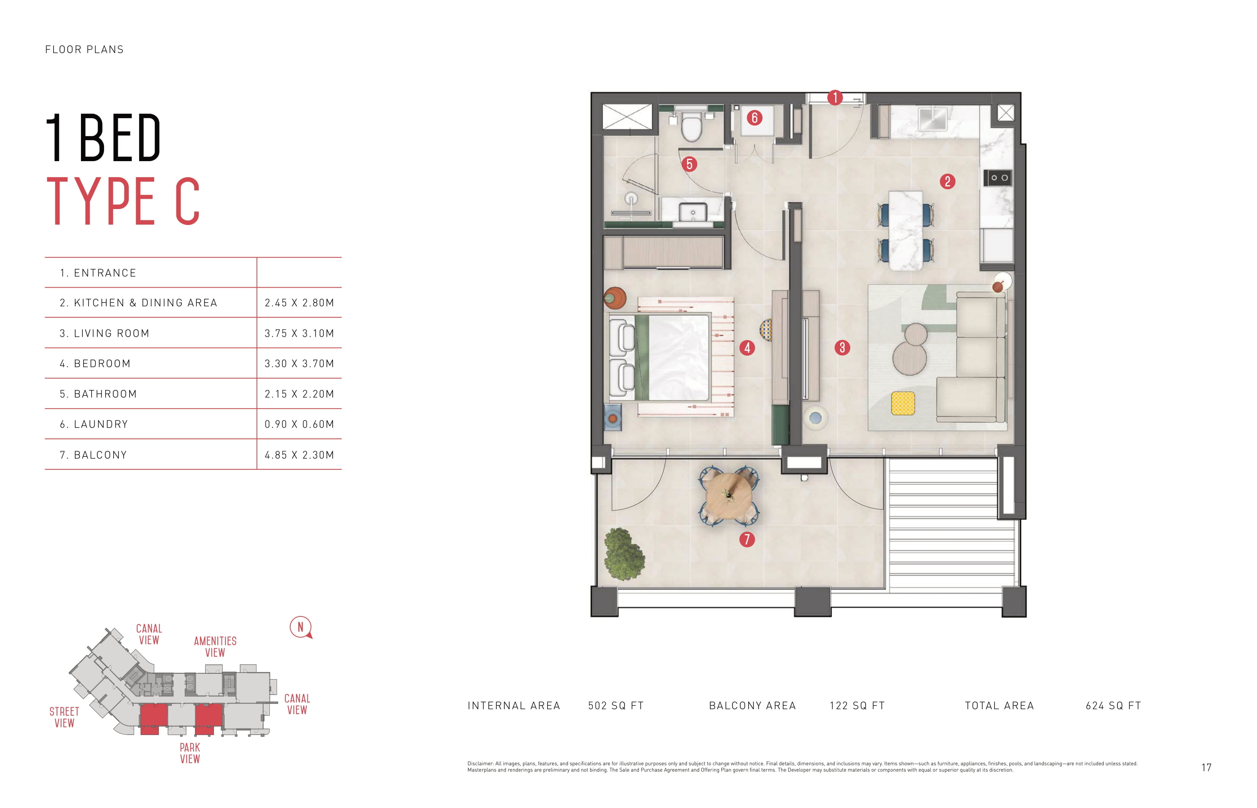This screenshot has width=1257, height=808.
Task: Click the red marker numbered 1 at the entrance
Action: tap(835, 98)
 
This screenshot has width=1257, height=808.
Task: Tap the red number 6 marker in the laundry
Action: tap(754, 117)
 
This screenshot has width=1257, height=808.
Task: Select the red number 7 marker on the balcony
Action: tap(747, 539)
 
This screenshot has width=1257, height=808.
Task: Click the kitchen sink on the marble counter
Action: tap(933, 119)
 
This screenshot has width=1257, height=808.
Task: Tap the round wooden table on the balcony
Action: tap(729, 496)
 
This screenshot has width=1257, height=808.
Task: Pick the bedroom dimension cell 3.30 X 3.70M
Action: tap(299, 364)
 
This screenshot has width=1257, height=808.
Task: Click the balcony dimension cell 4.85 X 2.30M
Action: tap(299, 455)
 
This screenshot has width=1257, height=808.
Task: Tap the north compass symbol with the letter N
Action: tap(301, 627)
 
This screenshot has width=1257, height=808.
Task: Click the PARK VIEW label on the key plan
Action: tap(190, 753)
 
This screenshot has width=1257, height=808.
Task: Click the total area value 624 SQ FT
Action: tap(1113, 706)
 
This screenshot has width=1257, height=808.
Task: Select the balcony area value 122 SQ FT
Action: tap(857, 706)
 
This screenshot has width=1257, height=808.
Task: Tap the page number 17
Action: tap(1206, 768)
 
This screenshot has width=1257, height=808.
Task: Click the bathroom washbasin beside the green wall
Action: tap(692, 212)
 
